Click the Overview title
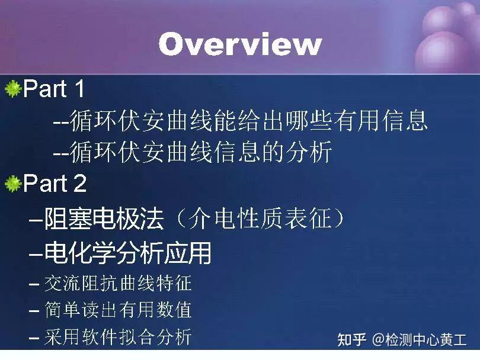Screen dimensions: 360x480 [x=240, y=44]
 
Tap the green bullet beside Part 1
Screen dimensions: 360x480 [x=12, y=89]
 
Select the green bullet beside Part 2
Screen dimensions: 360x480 [x=12, y=184]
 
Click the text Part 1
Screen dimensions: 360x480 [x=54, y=89]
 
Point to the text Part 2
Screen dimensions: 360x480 [x=55, y=184]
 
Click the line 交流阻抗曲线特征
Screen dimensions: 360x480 [x=118, y=283]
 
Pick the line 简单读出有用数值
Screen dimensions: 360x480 [x=118, y=310]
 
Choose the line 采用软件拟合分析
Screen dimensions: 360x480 [x=118, y=337]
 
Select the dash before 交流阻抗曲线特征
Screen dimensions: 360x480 [x=34, y=284]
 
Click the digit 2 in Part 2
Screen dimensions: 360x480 [x=79, y=184]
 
